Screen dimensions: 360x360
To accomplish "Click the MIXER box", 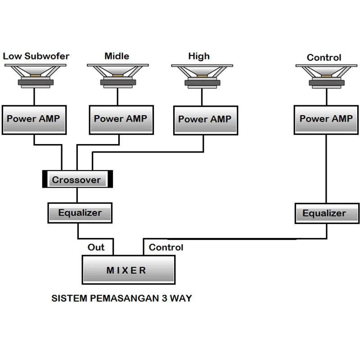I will click(x=128, y=270).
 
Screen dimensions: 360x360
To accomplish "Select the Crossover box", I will click(x=76, y=180).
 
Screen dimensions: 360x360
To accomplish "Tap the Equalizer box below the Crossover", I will click(x=80, y=212).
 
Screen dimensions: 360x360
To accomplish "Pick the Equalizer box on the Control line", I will click(x=324, y=213).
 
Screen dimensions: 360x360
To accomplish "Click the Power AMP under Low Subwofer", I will click(x=33, y=119).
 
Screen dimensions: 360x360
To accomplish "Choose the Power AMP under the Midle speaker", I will click(x=120, y=119).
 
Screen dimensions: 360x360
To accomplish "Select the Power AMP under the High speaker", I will click(x=205, y=120).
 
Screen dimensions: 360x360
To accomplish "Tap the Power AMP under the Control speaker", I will click(x=326, y=119).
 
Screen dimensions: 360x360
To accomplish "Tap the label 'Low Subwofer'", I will click(x=36, y=56).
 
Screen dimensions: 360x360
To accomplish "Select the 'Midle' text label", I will click(x=117, y=56).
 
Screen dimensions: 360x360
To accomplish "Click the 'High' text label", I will click(x=199, y=56).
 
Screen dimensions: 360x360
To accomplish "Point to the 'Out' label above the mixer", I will click(x=96, y=247).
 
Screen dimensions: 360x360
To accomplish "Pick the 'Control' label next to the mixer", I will click(x=166, y=247).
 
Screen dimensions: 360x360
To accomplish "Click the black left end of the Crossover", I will click(x=45, y=179).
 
